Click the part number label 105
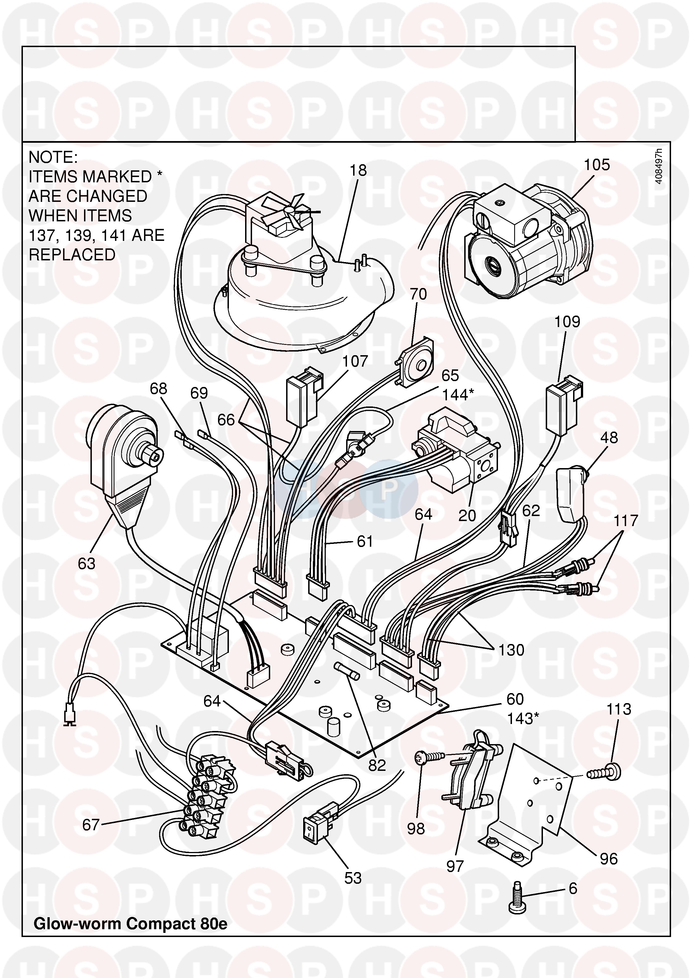(597, 165)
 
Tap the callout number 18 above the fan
(358, 170)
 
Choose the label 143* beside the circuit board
(522, 719)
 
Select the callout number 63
(87, 563)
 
